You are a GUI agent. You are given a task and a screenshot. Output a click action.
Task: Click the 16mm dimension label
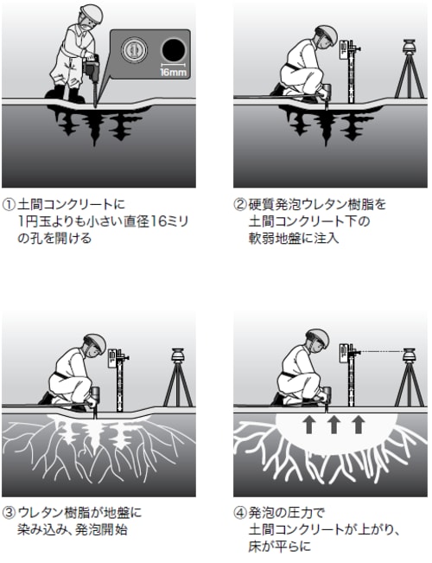tap(174, 73)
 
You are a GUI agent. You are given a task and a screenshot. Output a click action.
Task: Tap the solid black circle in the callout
tap(174, 50)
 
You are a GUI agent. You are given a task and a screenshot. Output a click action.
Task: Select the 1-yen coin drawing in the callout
tap(134, 49)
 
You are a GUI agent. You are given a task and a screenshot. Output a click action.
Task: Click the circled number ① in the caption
tap(9, 205)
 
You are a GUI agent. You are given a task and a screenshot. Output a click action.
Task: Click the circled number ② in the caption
tap(240, 205)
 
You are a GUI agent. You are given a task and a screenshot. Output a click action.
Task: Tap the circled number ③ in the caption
tap(9, 513)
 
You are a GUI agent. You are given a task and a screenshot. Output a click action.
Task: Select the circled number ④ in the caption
tap(240, 513)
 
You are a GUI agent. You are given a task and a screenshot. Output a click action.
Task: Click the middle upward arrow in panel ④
tap(334, 424)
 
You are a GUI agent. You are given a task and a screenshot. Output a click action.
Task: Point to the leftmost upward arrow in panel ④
tap(309, 424)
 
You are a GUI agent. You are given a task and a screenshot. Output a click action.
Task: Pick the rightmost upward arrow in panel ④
tap(358, 424)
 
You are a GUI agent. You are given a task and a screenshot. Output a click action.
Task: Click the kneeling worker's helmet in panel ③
tap(95, 343)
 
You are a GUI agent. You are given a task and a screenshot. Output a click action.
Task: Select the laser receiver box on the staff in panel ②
tap(343, 50)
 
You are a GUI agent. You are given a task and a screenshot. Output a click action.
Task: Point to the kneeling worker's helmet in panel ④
tap(318, 338)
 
